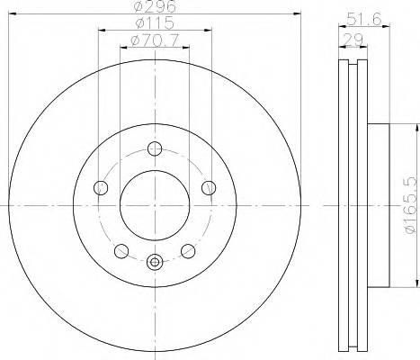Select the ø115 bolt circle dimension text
tap(154, 22)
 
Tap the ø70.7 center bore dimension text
tap(154, 40)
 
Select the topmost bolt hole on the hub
tap(155, 149)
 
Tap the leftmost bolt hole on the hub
tap(101, 188)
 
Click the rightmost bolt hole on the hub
tap(209, 188)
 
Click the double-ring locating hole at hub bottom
tap(155, 263)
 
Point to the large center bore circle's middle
tap(155, 204)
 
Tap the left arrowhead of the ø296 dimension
tap(11, 13)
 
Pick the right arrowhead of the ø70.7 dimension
tap(187, 47)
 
